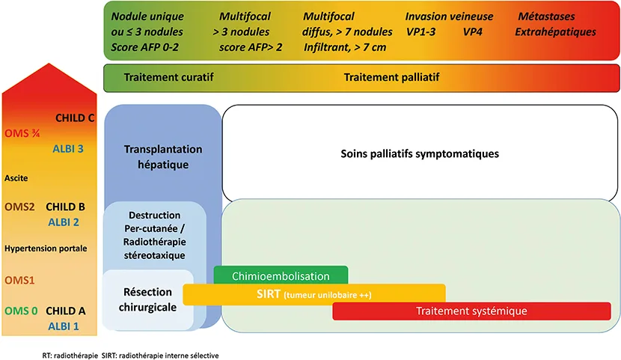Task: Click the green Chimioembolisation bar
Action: point(281,275)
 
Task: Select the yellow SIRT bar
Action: point(314,294)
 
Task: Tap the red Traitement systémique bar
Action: point(475,311)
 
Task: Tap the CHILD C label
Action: point(76,118)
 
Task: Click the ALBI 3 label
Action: point(67,148)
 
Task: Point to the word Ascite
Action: point(16,178)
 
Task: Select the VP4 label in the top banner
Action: point(473,32)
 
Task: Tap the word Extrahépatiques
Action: point(555,32)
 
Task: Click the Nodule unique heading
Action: point(147,16)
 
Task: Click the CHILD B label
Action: point(66,207)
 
